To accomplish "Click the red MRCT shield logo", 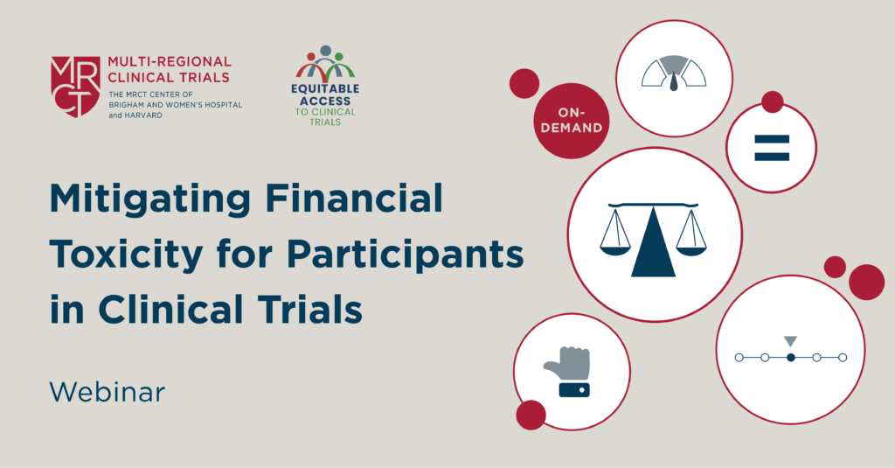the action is [x=75, y=87].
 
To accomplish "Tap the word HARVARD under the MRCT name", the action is [x=143, y=115].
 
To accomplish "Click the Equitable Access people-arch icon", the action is [x=325, y=63].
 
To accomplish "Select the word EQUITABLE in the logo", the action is [x=325, y=88].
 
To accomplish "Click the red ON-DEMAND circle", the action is [x=572, y=121].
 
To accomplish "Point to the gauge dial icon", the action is [x=674, y=73].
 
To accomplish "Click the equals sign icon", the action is [x=772, y=148].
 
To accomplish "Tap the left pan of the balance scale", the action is [x=615, y=248].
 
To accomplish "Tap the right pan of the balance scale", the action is [x=691, y=248].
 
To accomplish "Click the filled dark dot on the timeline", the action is [x=790, y=358].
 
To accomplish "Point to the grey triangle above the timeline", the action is [x=790, y=340].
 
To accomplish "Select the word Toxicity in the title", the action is [x=126, y=255].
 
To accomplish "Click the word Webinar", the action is [x=108, y=392].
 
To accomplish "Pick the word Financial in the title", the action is [x=355, y=198].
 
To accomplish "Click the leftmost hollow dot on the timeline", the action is [x=739, y=358].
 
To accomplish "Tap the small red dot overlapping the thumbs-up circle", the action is [x=531, y=415].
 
